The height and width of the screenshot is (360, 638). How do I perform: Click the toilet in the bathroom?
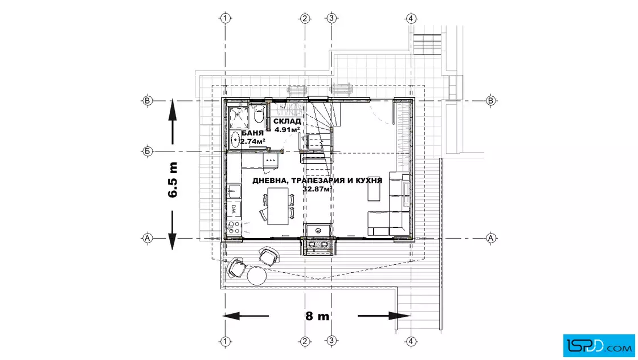pos(259,114)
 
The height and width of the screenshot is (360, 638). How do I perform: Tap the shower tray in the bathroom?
pos(239,117)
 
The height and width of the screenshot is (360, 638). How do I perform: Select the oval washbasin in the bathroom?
pos(235,140)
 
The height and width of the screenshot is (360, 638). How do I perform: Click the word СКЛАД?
pos(287,121)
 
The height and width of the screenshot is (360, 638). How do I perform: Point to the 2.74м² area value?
pos(252,142)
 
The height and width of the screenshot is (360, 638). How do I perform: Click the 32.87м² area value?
pos(317,189)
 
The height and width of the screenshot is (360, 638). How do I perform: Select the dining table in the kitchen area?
pos(278,206)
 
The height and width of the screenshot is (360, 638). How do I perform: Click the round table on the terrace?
pos(257,275)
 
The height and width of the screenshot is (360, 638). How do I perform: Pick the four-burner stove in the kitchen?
pos(234,227)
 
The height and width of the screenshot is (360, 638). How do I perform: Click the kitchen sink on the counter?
pos(234,191)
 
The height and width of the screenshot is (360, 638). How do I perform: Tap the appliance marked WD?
pos(234,210)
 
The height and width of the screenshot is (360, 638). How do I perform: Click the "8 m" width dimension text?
pos(317,316)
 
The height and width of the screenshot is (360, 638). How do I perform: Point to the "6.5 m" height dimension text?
pos(173,180)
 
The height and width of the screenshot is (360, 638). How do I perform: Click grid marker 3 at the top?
pos(332,18)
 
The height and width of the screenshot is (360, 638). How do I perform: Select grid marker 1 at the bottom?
pos(226,342)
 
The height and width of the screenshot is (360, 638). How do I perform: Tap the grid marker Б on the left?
pos(148,152)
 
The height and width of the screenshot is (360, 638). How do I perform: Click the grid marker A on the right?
pos(490,238)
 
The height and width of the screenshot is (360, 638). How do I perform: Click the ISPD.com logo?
pos(599,346)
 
